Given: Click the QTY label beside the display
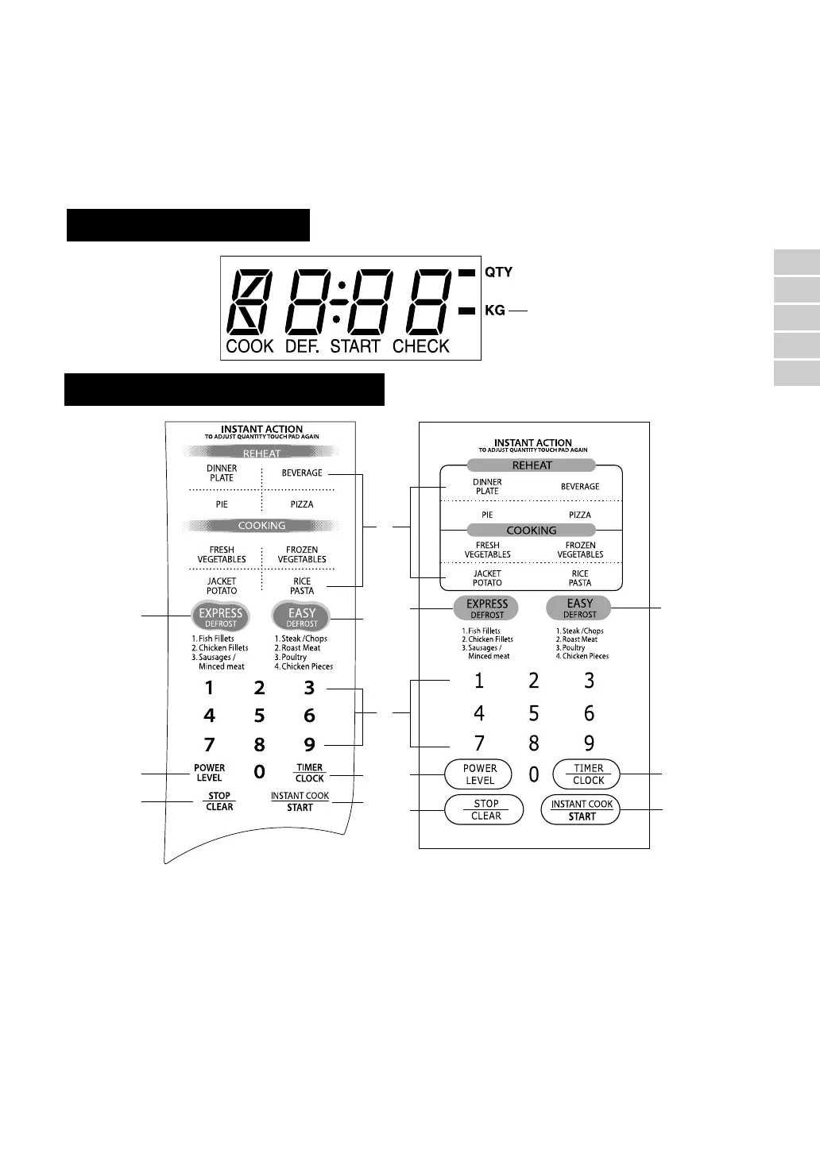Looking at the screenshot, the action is click(498, 272).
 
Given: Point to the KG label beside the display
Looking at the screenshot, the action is click(495, 311).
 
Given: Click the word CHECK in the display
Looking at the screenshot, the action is click(421, 346).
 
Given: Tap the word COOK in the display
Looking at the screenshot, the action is click(249, 346).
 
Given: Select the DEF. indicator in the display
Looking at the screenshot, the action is click(302, 346).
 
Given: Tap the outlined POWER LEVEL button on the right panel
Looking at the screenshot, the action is click(480, 774).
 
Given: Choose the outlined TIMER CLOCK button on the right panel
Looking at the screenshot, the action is click(588, 774).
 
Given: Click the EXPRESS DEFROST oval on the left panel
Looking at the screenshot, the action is click(221, 616).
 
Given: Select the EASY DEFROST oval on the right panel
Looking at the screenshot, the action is click(580, 608).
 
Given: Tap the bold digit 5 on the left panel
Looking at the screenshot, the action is click(259, 716).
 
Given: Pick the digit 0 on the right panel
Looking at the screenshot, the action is click(534, 774).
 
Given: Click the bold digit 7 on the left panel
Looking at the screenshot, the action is click(209, 745).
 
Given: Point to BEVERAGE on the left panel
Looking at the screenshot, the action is click(302, 473).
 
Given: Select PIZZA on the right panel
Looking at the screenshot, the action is click(580, 515).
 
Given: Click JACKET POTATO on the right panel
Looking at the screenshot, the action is click(487, 578).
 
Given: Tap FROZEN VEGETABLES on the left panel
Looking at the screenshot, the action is click(302, 554).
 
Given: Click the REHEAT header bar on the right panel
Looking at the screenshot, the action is click(532, 465).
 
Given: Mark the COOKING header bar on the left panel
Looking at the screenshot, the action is click(261, 526).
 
